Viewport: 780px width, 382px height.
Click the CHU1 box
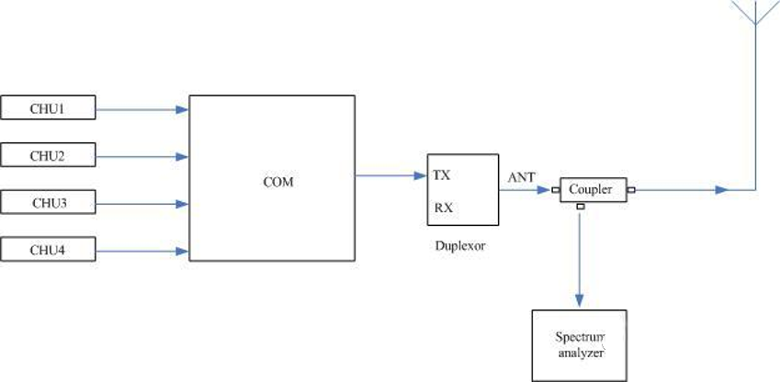(49, 109)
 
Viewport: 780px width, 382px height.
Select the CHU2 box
(49, 155)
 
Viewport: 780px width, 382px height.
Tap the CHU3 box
(49, 202)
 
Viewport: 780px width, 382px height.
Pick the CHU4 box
(49, 248)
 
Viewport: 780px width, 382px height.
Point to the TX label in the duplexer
(442, 174)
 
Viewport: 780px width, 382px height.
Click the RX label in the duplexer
(442, 207)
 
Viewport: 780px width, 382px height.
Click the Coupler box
(592, 190)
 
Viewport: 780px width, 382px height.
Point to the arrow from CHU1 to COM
(141, 109)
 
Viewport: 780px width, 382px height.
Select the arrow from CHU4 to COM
(141, 249)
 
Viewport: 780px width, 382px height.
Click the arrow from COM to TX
(390, 174)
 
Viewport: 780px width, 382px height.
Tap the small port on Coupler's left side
(556, 191)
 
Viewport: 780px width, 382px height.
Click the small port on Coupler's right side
(630, 191)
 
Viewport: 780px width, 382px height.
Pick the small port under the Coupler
(580, 208)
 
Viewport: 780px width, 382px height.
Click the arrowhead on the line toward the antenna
(722, 190)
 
